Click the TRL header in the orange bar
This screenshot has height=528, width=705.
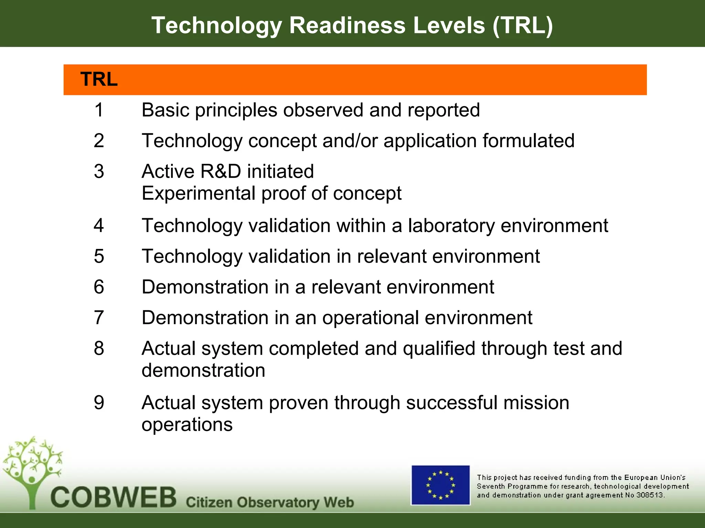[99, 79]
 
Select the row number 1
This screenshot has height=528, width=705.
[99, 110]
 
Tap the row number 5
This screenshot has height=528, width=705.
[99, 256]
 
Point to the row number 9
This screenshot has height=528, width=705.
[99, 403]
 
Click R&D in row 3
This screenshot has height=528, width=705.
[220, 171]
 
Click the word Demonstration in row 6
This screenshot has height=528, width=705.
[205, 287]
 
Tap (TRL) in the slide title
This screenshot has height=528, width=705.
[523, 25]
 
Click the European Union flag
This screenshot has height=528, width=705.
[440, 485]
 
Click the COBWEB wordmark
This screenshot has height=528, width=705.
[114, 497]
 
